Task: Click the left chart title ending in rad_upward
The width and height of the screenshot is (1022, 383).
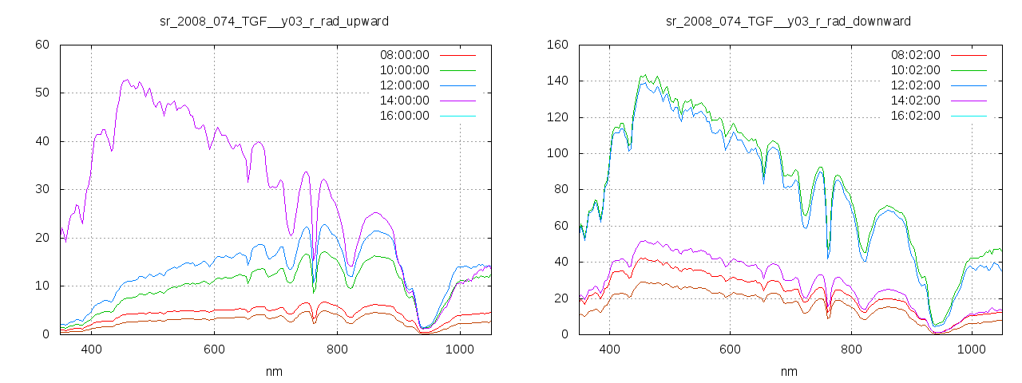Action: click(275, 21)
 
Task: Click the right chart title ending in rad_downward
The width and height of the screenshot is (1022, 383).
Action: click(788, 21)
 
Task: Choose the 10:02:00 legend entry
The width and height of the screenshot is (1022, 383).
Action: click(915, 70)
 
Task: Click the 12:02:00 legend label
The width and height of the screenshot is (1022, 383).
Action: click(915, 85)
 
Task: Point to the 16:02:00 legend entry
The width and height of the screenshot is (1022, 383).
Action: click(915, 116)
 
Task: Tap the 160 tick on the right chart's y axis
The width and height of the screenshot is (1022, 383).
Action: click(557, 45)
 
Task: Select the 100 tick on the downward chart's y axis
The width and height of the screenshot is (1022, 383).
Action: click(557, 153)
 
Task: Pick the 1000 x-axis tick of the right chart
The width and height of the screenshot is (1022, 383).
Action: click(971, 349)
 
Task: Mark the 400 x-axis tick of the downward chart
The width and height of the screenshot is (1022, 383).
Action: click(609, 349)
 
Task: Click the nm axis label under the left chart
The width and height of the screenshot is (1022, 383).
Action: click(275, 371)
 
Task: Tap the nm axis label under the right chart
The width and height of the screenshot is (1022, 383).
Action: click(789, 371)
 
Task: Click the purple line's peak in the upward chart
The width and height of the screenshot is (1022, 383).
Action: click(126, 80)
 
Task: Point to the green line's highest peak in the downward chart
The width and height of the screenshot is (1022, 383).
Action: click(644, 75)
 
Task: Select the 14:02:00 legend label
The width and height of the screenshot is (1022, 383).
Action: click(915, 101)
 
